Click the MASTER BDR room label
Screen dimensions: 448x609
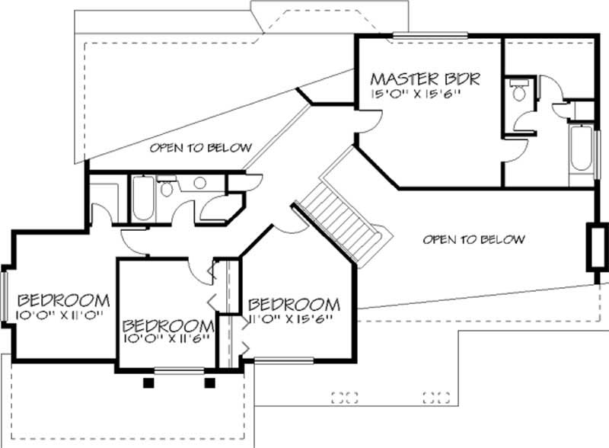pos(424,78)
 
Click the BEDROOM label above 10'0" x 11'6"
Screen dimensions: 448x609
pos(167,323)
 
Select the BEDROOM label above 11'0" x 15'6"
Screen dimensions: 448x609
pos(294,304)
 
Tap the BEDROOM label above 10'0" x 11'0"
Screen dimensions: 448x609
pos(63,299)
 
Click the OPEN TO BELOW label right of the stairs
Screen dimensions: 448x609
pos(473,240)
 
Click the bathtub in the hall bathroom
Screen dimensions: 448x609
pos(143,198)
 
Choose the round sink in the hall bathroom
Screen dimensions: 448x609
pos(200,183)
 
